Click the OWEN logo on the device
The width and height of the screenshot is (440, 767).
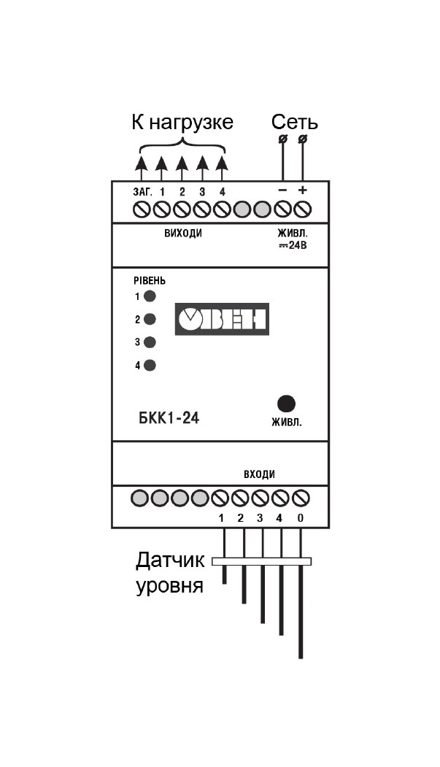coord(222,319)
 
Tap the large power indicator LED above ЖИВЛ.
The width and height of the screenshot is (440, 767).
coord(286,403)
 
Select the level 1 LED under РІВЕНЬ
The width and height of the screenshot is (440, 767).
coord(150,296)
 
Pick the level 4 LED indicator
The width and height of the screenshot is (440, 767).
coord(150,365)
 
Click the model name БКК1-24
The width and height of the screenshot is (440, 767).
coord(169,418)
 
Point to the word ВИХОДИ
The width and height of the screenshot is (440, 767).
coord(183,234)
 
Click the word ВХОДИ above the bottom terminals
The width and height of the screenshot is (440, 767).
coord(259,474)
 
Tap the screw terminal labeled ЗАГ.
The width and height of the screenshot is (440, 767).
coord(141,209)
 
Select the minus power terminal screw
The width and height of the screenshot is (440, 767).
coord(282,209)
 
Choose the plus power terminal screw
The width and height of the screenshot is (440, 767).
coord(303,209)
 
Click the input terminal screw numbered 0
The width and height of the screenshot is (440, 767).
coord(301,498)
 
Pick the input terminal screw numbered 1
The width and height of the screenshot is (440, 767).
coord(220,498)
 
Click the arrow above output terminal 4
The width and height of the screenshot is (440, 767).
coord(222,169)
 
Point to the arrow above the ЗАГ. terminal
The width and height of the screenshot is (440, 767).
coord(141,169)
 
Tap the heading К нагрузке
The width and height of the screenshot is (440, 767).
coord(182,123)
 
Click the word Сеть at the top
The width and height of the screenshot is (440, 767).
coord(295,123)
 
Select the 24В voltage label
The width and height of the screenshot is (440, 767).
coord(293,245)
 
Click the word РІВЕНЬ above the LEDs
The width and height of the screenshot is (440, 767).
coord(149,281)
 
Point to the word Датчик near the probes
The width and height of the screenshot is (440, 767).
coord(170,560)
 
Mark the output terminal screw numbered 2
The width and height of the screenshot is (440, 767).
coord(182,209)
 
